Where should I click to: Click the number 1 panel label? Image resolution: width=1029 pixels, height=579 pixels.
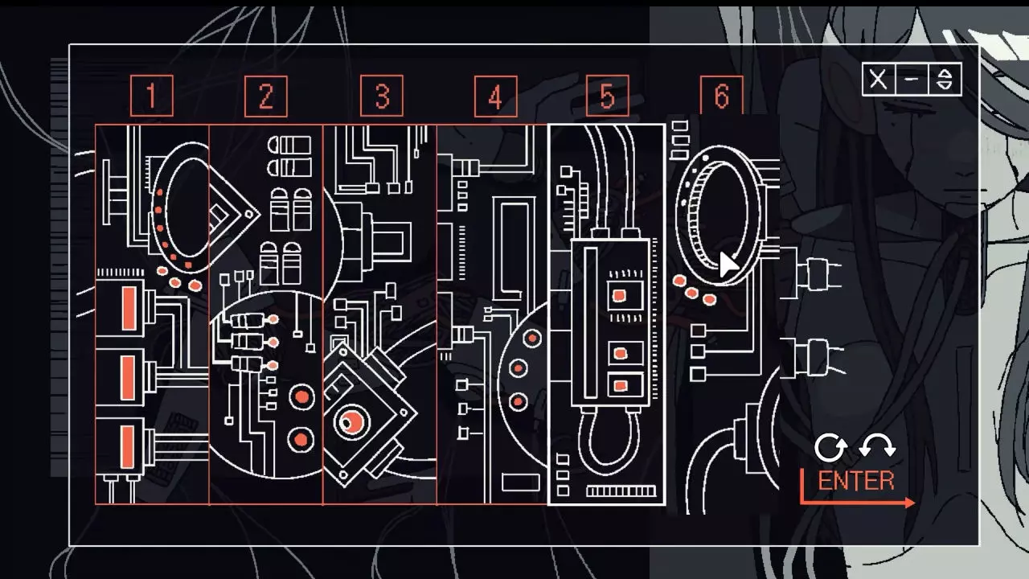point(151,96)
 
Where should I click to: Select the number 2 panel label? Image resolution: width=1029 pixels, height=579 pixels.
point(265,96)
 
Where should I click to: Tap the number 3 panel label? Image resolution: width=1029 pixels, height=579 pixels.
point(381,96)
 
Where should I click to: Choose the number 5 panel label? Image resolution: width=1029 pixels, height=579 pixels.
point(607,96)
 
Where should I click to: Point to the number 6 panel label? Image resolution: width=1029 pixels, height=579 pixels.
point(721,96)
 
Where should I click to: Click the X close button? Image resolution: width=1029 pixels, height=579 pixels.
point(879,80)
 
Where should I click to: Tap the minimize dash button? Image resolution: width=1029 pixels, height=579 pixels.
point(912,80)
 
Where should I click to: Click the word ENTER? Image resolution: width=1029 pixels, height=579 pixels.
point(856,481)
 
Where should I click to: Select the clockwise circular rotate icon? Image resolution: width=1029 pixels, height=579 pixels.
point(830,448)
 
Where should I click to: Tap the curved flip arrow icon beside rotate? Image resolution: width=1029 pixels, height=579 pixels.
point(877,446)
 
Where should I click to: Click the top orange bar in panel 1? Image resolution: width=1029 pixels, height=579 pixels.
point(128,308)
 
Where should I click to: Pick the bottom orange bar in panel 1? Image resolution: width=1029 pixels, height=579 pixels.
point(128,446)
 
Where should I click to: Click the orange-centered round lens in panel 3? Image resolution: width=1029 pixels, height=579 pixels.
point(351,421)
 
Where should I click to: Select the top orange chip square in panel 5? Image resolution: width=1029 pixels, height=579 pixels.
point(619,296)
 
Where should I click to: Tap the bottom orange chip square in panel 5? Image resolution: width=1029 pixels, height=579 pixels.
point(620,386)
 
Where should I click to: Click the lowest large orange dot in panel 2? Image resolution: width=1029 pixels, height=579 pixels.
point(301,439)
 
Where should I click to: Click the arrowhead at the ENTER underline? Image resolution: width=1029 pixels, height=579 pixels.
point(909,503)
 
